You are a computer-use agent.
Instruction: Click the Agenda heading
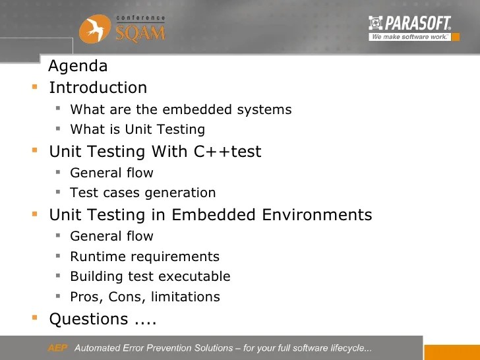[x=78, y=67]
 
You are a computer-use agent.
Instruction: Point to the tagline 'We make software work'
[x=409, y=37]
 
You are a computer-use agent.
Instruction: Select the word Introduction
[x=98, y=88]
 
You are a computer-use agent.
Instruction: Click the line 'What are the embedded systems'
[x=181, y=109]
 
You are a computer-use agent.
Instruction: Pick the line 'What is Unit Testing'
[x=137, y=129]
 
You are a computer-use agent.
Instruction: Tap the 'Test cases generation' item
[x=143, y=193]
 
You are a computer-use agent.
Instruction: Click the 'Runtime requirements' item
[x=144, y=256]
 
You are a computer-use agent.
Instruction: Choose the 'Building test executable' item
[x=150, y=276]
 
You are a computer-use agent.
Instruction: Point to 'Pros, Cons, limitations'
[x=145, y=297]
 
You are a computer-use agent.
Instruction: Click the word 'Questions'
[x=89, y=319]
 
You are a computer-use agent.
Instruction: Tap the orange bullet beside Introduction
[x=34, y=86]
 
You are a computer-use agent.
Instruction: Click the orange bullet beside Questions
[x=34, y=318]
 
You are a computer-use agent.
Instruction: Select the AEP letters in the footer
[x=57, y=348]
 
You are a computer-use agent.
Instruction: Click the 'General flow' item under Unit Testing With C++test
[x=111, y=173]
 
